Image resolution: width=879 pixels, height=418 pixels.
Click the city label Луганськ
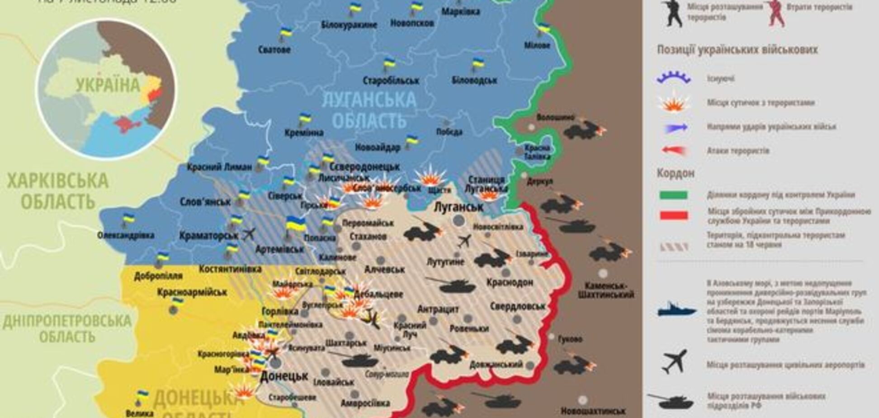pyautogui.click(x=458, y=208)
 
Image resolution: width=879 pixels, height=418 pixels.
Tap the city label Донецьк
pyautogui.click(x=284, y=376)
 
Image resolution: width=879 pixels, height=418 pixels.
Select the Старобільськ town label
pyautogui.click(x=391, y=81)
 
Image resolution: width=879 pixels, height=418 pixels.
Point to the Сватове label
pyautogui.click(x=274, y=50)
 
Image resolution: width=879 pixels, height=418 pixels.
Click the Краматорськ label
pyautogui.click(x=208, y=236)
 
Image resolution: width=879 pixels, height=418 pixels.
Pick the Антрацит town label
pyautogui.click(x=438, y=309)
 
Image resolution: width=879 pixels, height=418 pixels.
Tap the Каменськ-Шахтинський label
pyautogui.click(x=605, y=290)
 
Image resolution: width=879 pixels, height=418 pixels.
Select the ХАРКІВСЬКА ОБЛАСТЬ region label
pyautogui.click(x=58, y=191)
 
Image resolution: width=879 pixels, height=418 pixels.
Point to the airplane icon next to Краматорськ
pyautogui.click(x=248, y=234)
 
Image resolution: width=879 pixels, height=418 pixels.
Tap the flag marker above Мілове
pyautogui.click(x=543, y=29)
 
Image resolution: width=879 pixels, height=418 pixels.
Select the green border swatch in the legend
pyautogui.click(x=673, y=195)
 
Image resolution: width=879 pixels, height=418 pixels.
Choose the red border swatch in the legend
pyautogui.click(x=673, y=215)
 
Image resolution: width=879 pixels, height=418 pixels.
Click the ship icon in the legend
pyautogui.click(x=676, y=310)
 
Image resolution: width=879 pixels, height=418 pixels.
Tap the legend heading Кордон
pyautogui.click(x=675, y=173)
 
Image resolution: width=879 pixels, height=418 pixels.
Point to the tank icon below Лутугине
pyautogui.click(x=450, y=285)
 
